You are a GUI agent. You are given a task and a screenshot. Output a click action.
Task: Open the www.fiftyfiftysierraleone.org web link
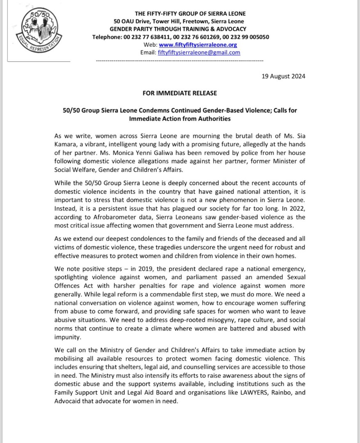(198, 45)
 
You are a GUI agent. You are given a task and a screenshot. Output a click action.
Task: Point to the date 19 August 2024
(284, 76)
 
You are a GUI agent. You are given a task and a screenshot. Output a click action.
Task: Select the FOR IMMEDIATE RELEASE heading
(180, 93)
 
